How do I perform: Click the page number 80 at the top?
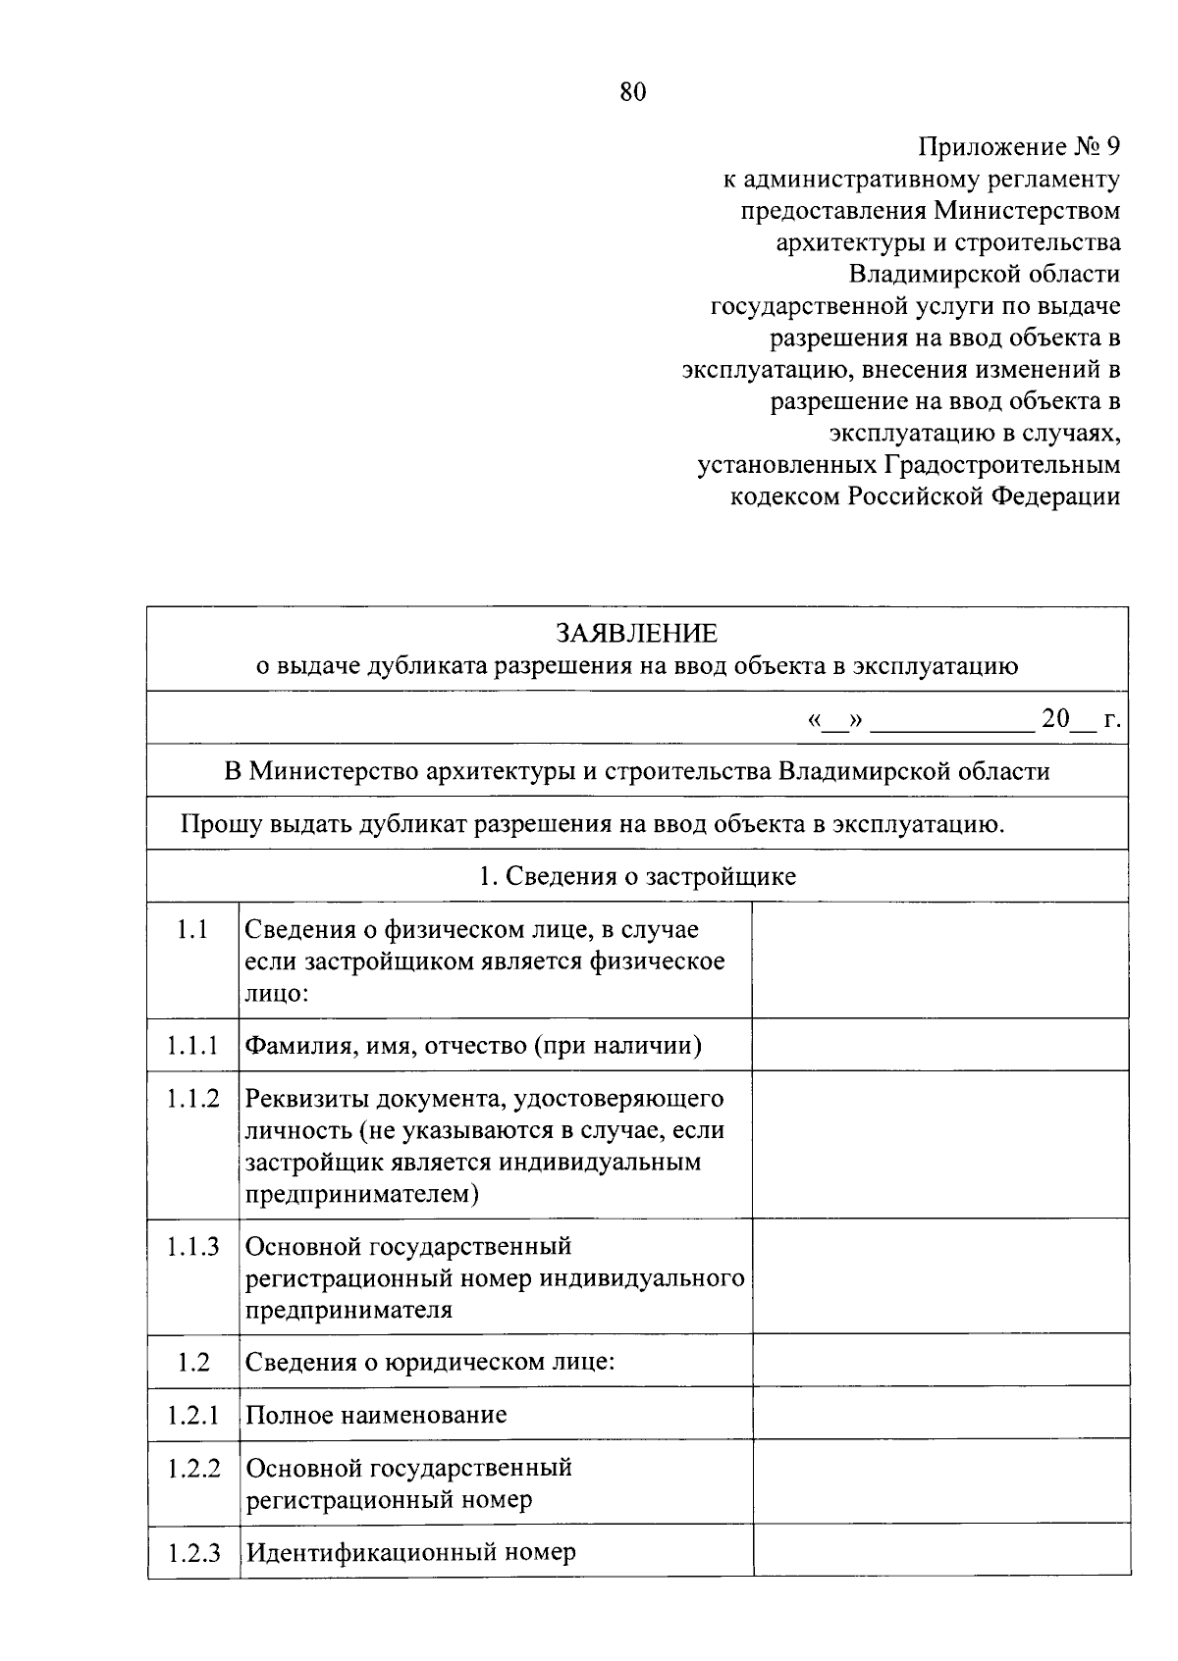point(633,92)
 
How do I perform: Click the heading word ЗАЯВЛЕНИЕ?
point(636,633)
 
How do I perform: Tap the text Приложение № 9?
point(1019,147)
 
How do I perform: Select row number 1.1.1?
point(191,1046)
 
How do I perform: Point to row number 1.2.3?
point(193,1553)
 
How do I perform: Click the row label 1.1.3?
point(191,1247)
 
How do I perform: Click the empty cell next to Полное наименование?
point(939,1414)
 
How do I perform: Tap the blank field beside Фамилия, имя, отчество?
point(939,1045)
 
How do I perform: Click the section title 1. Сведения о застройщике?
point(637,876)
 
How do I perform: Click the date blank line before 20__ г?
point(951,720)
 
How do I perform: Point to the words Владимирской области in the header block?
point(985,275)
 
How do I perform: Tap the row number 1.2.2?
point(193,1469)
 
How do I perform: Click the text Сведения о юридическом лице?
point(430,1362)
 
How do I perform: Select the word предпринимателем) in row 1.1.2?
point(362,1194)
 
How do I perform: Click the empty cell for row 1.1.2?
point(939,1145)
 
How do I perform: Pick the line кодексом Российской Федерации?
point(925,496)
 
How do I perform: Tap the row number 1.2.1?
point(193,1415)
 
